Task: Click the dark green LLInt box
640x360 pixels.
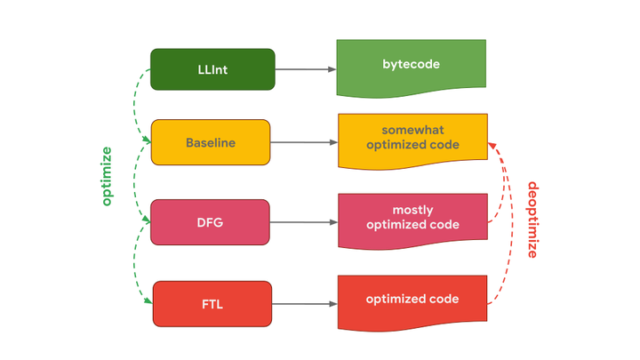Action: [212, 69]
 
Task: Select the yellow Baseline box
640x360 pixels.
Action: [211, 142]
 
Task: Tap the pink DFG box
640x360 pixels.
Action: [210, 222]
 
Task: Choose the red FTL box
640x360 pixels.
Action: [212, 304]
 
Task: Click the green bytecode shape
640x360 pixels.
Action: [411, 68]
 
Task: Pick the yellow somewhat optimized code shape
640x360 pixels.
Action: [412, 140]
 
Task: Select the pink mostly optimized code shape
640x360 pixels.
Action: [412, 220]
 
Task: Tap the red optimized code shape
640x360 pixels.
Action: [412, 302]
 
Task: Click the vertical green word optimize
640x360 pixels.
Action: [106, 176]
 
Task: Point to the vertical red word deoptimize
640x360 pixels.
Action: [533, 220]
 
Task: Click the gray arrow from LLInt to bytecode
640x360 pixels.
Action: [306, 69]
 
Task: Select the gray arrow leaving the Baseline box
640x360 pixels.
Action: [304, 142]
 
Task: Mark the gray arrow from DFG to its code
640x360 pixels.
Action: [304, 222]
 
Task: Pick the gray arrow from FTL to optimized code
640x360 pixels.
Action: [305, 304]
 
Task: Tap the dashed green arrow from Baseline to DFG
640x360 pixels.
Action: [134, 181]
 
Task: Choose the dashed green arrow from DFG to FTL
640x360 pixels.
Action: [134, 263]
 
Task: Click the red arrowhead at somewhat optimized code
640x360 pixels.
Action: [492, 146]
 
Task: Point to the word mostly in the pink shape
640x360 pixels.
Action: [412, 211]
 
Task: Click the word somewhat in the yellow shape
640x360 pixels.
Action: [412, 130]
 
